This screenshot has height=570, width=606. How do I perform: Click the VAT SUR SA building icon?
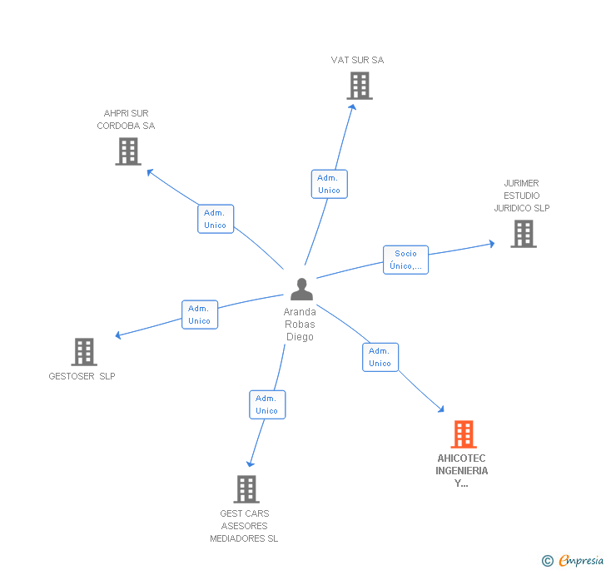tap(360, 86)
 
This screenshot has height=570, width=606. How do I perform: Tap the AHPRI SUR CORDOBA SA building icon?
tap(128, 151)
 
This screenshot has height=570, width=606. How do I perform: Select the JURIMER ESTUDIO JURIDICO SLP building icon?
tap(524, 234)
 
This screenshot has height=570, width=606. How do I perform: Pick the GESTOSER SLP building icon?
tap(84, 352)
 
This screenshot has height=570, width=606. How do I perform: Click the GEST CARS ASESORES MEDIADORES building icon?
tap(246, 488)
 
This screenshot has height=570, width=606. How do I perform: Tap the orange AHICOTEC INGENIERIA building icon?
tap(464, 434)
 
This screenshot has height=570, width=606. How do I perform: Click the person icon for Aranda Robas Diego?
tap(301, 290)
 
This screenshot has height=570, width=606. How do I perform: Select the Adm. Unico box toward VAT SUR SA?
tap(329, 184)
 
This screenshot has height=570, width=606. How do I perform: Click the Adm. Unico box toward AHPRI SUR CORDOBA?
tap(216, 219)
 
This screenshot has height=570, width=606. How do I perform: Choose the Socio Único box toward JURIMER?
tap(405, 260)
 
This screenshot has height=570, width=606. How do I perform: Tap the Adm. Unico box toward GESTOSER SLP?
tap(200, 315)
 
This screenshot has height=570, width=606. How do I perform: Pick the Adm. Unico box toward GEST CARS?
tap(267, 404)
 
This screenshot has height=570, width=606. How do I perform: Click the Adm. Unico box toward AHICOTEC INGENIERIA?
tap(380, 357)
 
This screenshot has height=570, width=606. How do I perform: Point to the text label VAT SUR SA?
tap(357, 60)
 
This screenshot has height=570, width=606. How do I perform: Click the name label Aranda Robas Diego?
tap(301, 325)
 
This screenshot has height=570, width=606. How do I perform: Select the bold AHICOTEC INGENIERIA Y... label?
tap(462, 471)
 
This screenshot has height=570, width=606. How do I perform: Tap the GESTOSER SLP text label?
tap(82, 376)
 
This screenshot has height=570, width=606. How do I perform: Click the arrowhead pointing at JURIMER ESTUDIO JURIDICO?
tap(491, 244)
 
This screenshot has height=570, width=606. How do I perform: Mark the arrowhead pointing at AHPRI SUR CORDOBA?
tap(150, 172)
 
